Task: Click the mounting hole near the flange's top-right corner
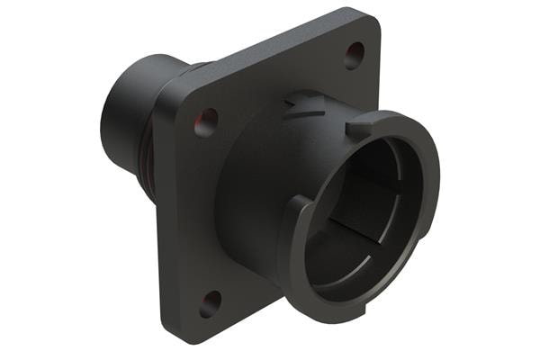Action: [x=355, y=56]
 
